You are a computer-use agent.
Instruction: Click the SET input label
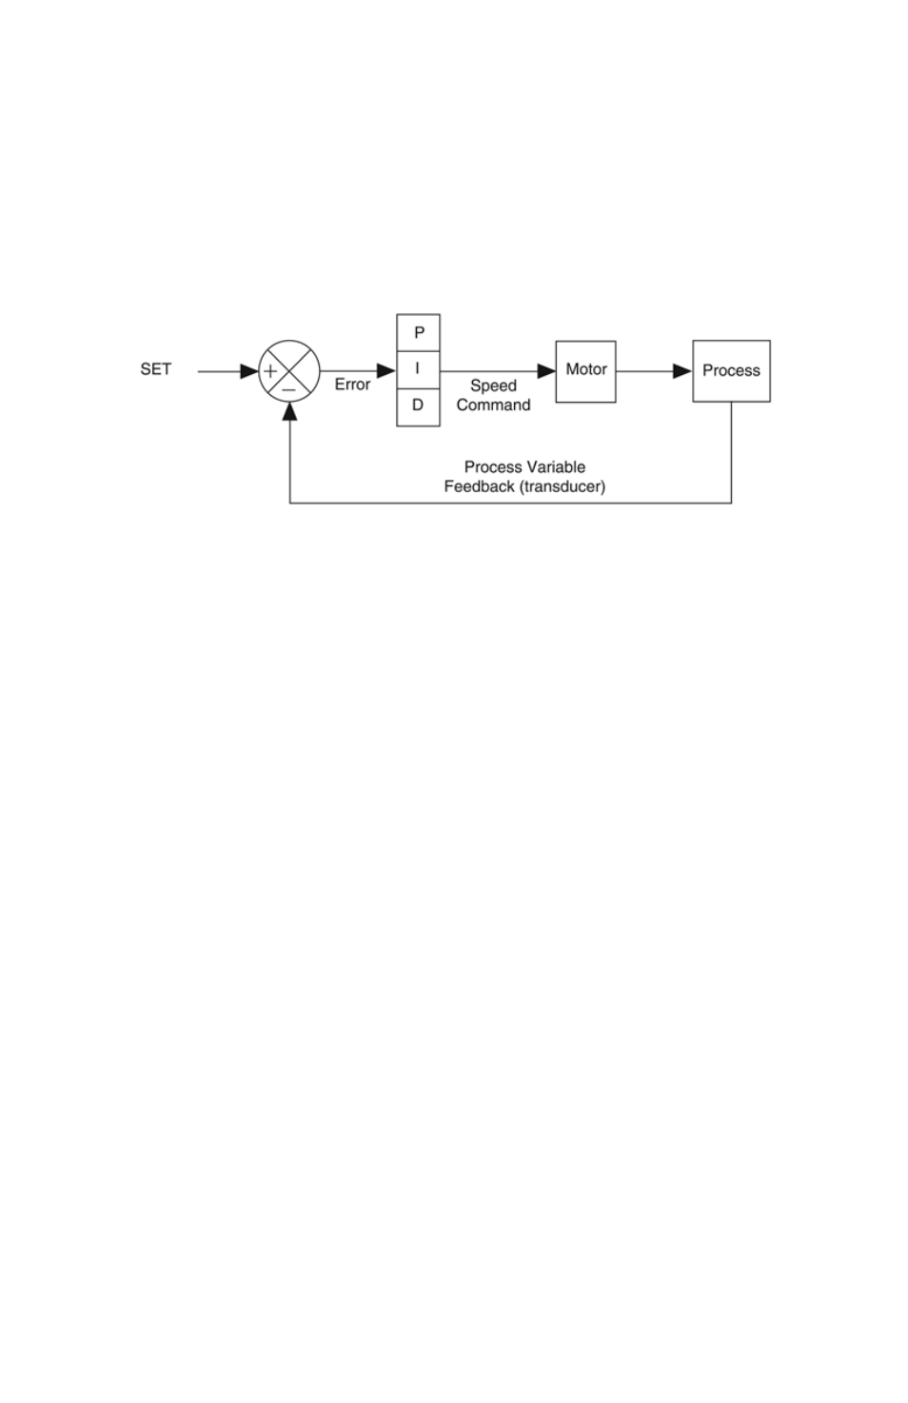[x=155, y=369]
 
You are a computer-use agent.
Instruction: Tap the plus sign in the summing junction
[x=270, y=371]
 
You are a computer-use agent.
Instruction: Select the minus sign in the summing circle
[x=288, y=389]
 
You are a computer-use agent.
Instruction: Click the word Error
[x=352, y=385]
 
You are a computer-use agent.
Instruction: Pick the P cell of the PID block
[x=418, y=332]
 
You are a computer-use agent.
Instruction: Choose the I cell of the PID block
[x=418, y=369]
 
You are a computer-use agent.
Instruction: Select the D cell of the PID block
[x=418, y=407]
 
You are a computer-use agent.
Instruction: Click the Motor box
[x=585, y=371]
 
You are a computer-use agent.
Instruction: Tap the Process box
[x=731, y=371]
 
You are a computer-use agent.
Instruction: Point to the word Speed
[x=493, y=385]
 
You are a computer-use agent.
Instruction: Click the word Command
[x=493, y=405]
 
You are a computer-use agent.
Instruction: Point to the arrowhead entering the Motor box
[x=546, y=371]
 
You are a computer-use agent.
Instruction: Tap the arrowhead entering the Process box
[x=682, y=371]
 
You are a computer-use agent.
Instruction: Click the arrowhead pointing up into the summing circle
[x=289, y=411]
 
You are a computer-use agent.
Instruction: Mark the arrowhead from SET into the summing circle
[x=250, y=371]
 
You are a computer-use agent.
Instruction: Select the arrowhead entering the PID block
[x=386, y=371]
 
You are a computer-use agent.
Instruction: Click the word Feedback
[x=479, y=486]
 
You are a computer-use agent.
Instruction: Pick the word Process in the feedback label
[x=493, y=467]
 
